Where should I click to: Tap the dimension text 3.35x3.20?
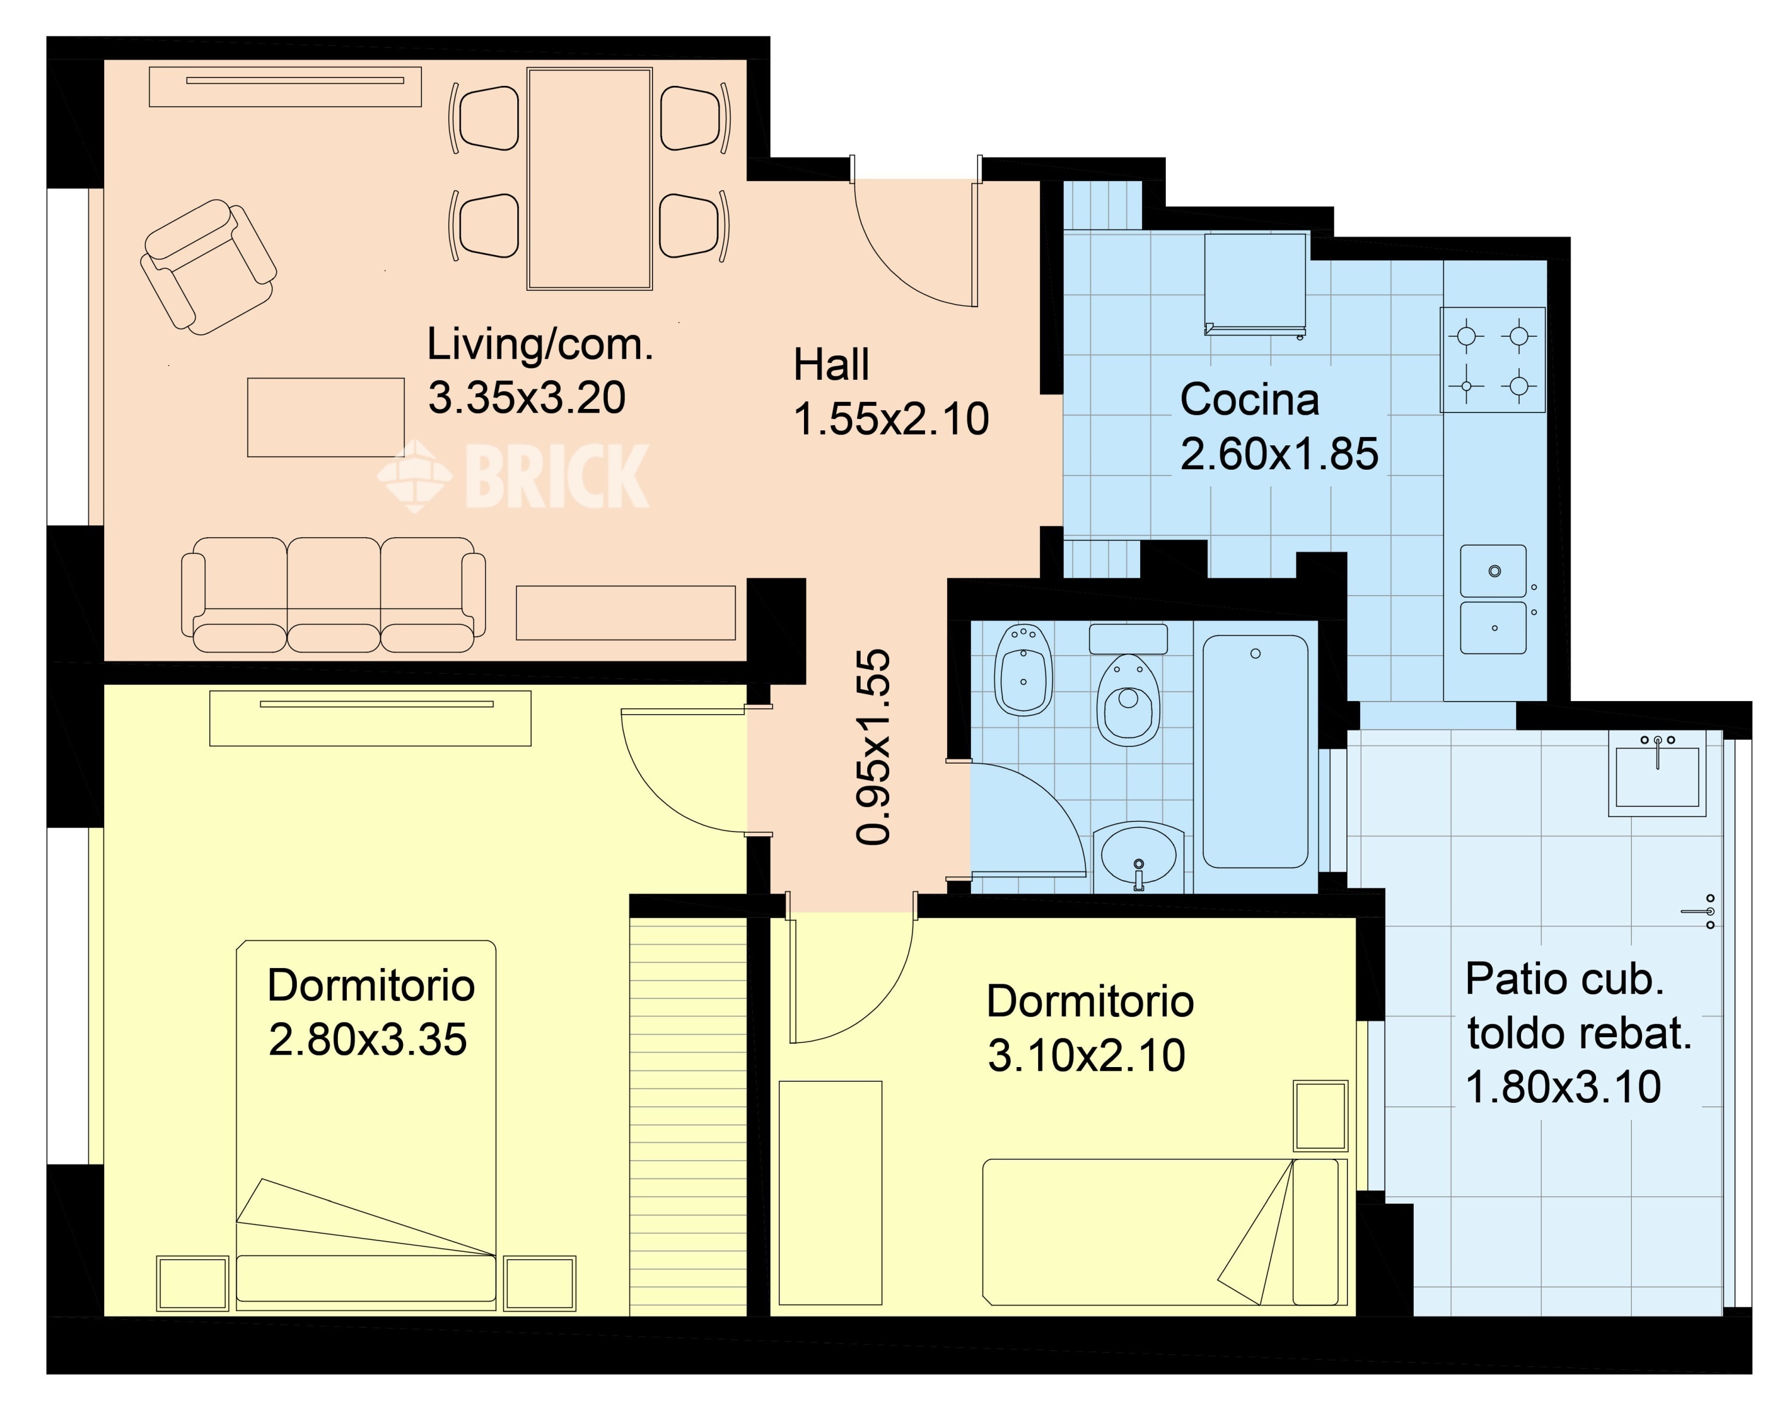coord(526,398)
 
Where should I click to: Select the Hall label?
coord(831,364)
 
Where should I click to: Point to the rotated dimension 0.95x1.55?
coord(873,747)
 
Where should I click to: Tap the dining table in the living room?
coord(589,179)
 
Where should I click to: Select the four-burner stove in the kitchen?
coord(1492,360)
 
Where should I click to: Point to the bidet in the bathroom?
coord(1023,671)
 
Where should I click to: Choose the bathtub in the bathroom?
coord(1255,751)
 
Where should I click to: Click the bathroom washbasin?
coord(1139,856)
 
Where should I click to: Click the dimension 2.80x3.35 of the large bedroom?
coord(368,1039)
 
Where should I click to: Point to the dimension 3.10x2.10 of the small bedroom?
coord(1086,1056)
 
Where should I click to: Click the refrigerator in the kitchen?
coord(1256,284)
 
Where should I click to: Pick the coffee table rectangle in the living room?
coord(326,417)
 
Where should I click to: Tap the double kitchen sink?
coord(1494,599)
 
